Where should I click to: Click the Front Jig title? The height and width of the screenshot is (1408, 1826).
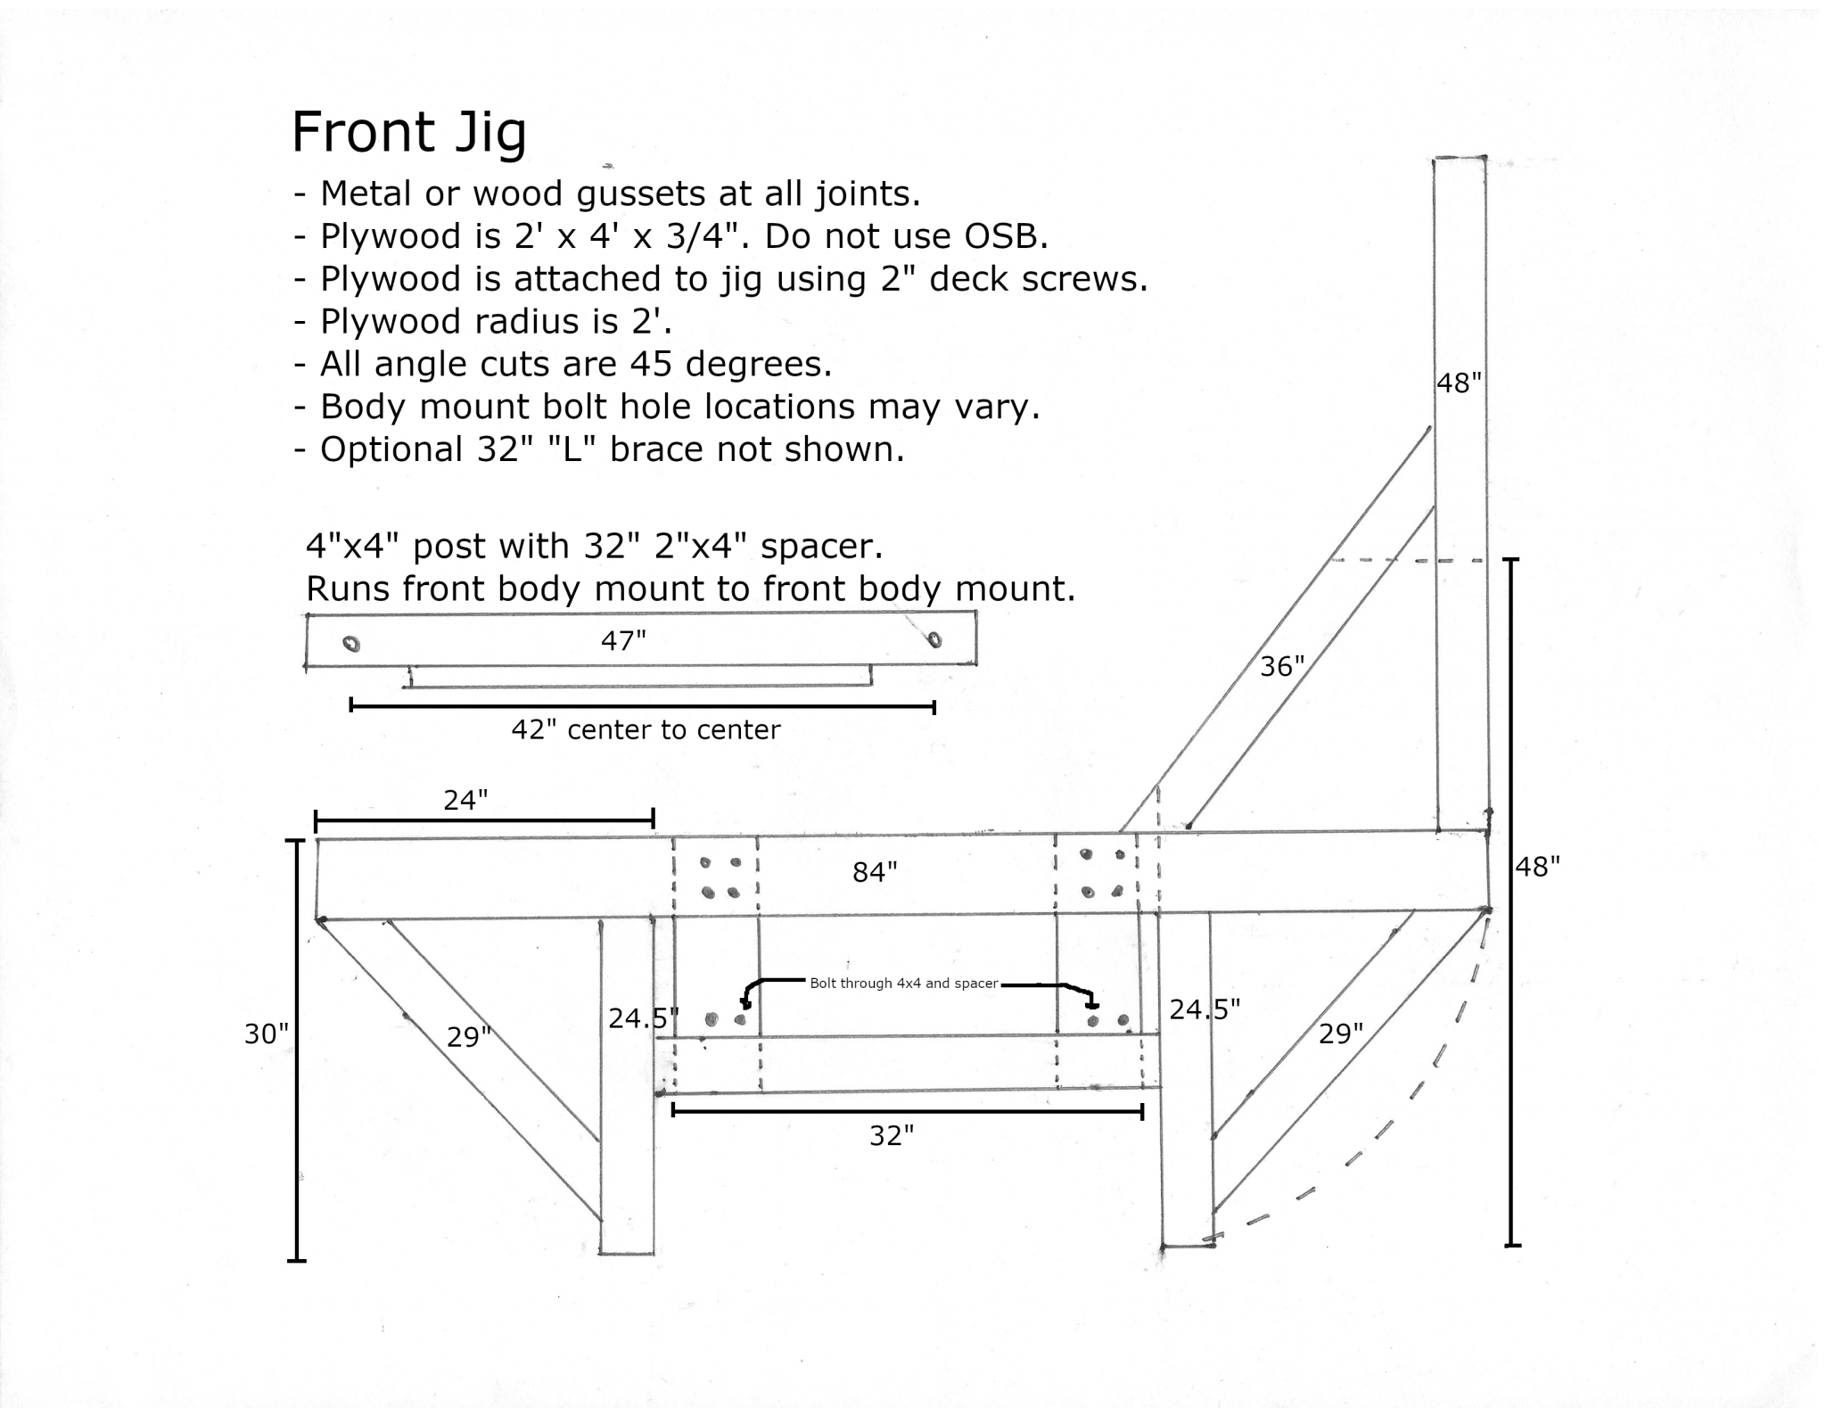pos(408,134)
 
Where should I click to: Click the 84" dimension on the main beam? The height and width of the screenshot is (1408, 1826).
pos(875,872)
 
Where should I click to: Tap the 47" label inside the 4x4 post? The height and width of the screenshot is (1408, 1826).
pos(623,640)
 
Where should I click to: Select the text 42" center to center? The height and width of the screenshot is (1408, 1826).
pos(646,730)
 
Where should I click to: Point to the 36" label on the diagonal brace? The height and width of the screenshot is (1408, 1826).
pos(1282,666)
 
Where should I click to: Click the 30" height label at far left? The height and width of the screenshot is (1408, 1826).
pos(267,1034)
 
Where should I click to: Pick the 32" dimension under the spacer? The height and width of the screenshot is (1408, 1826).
pos(892,1136)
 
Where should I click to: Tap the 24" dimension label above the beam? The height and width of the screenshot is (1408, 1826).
pos(465,801)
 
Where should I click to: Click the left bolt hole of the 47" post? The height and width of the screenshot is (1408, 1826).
pos(351,644)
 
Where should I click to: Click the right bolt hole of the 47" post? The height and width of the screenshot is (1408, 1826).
pos(934,639)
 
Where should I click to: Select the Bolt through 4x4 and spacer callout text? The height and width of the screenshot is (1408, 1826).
pos(903,984)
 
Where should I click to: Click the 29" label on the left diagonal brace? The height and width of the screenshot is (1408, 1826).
pos(469,1038)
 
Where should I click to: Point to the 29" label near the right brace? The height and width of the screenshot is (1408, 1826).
pos(1341,1033)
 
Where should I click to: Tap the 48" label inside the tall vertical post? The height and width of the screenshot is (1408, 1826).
pos(1460,383)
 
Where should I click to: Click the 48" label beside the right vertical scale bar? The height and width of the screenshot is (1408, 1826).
pos(1538,867)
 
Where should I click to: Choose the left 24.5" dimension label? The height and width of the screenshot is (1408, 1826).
pos(643,1018)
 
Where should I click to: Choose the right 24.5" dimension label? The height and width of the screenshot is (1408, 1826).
pos(1205,1009)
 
